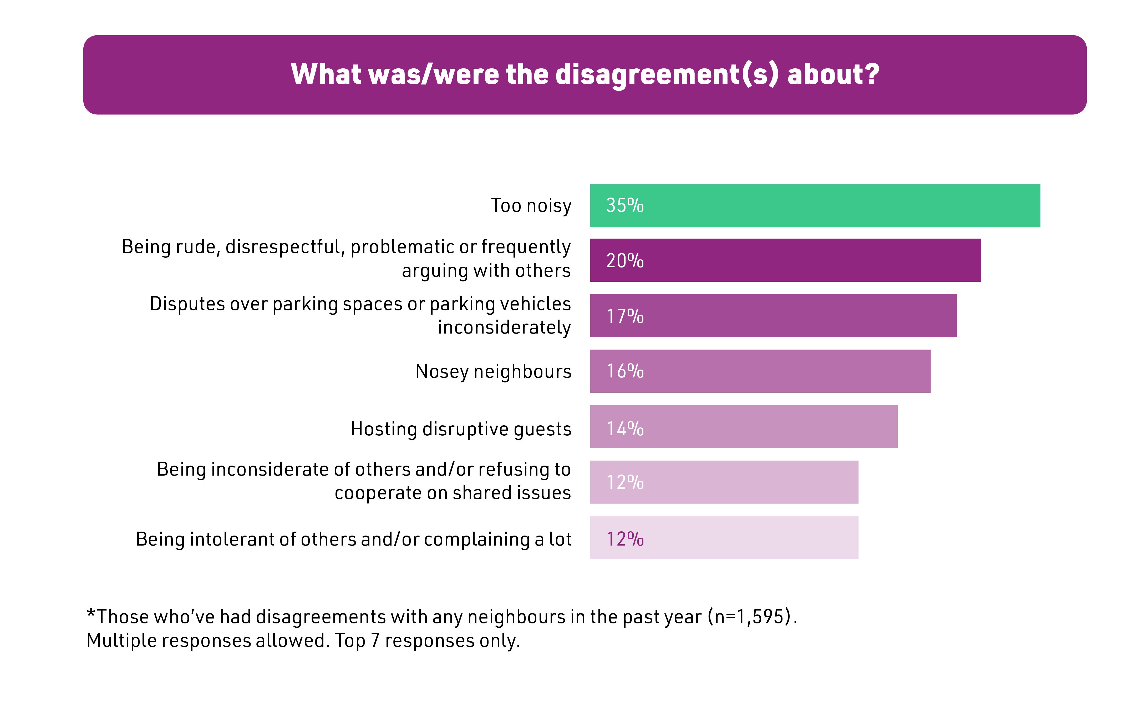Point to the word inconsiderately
504,327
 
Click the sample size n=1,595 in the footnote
749,617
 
